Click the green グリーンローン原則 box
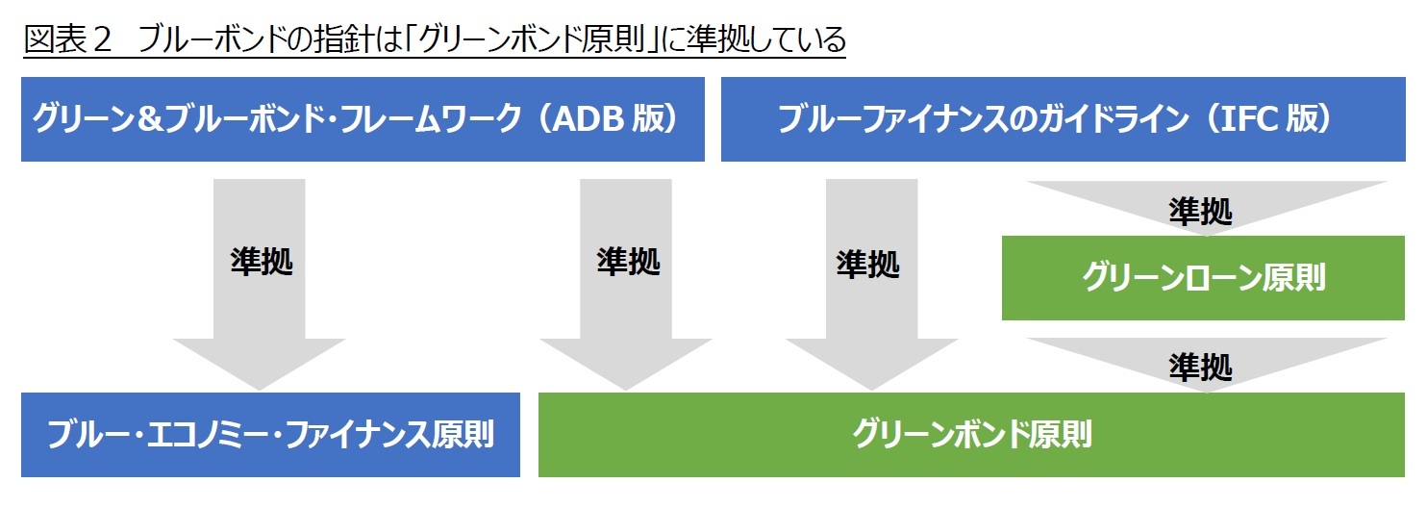tap(1203, 278)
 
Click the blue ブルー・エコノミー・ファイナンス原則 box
tap(270, 435)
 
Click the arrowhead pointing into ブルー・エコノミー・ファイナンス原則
tap(260, 366)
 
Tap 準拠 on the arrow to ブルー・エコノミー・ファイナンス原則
tap(261, 262)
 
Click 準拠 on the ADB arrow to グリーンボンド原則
tap(627, 262)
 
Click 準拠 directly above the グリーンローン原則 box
tap(1200, 212)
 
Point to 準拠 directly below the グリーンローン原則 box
tap(1200, 366)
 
